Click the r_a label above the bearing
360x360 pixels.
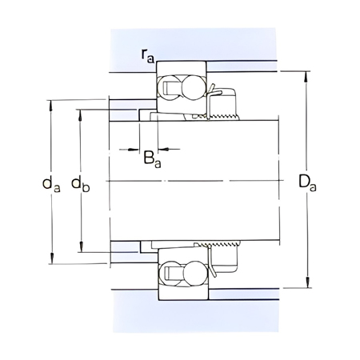tap(147, 55)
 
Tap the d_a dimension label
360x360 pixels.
tap(51, 184)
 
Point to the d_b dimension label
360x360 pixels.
tap(80, 184)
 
